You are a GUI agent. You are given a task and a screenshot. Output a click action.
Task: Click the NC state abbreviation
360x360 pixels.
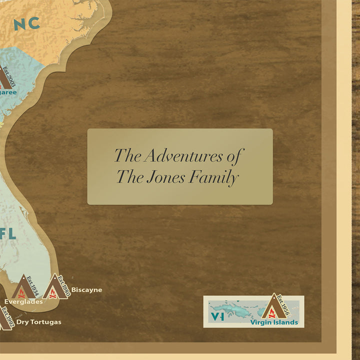point(26,23)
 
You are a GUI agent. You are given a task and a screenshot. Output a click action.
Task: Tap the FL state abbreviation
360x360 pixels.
point(8,233)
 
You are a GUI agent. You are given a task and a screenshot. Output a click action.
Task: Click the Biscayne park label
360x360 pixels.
point(86,289)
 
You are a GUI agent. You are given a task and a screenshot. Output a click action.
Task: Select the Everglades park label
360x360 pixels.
point(23,301)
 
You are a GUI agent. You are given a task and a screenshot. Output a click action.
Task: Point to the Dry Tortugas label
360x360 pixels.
point(38,322)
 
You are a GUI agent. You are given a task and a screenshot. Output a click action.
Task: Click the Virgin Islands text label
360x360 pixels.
point(274,322)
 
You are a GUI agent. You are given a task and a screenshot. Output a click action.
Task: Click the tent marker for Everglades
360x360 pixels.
point(23,288)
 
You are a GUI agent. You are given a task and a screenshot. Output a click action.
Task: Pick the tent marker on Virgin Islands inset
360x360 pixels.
point(273,307)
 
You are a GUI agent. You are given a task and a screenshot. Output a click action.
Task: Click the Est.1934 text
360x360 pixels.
point(33,284)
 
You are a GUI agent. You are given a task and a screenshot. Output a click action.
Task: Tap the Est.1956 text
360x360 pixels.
point(283,304)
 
